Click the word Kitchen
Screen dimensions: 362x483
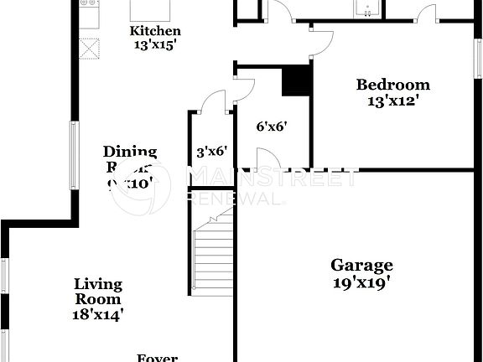(x=155, y=31)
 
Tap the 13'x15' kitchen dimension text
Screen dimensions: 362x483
(x=155, y=45)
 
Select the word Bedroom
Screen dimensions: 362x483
(x=392, y=85)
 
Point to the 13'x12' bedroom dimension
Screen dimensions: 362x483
(x=392, y=101)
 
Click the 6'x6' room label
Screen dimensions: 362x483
(x=272, y=127)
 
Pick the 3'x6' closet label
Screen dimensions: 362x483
(x=211, y=152)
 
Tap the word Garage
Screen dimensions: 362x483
(x=361, y=266)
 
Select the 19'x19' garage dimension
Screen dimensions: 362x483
(x=361, y=282)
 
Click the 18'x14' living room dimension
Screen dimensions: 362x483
(x=98, y=314)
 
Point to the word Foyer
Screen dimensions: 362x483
(x=157, y=358)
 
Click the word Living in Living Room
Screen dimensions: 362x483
(x=98, y=284)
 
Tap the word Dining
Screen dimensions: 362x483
(x=130, y=152)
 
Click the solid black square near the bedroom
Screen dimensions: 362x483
(x=296, y=81)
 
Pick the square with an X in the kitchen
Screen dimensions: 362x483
(x=88, y=46)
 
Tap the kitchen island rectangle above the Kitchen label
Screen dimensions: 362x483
(x=151, y=10)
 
